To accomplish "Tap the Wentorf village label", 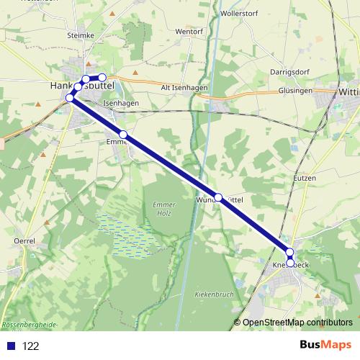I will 189,32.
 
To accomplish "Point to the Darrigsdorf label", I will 289,72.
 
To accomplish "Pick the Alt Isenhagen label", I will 185,87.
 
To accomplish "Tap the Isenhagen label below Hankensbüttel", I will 120,104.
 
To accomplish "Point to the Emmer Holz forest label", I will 164,209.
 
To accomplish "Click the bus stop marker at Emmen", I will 123,135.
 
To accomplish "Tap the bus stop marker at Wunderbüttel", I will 218,197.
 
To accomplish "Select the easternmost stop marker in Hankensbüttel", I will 102,78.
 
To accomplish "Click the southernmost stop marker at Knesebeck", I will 290,262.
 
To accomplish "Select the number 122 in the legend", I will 30,346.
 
